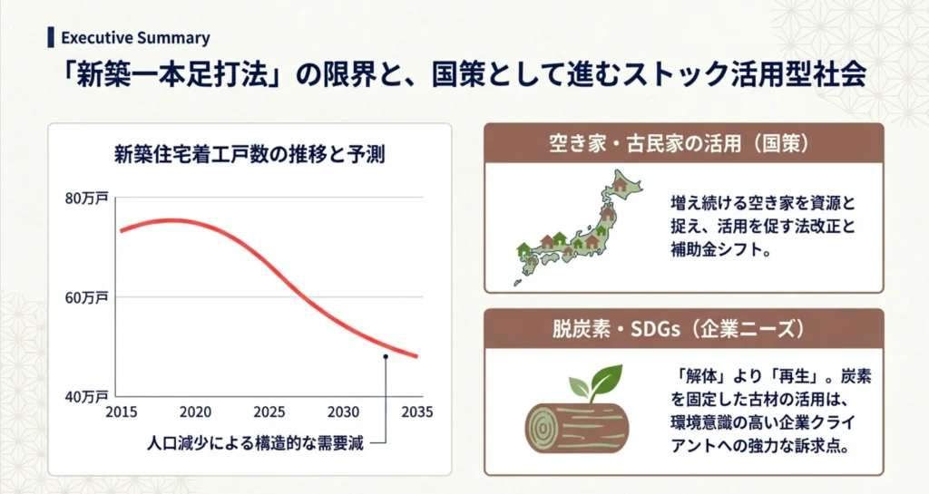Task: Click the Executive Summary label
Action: [x=135, y=38]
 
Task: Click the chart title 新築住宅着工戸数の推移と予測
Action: [x=249, y=154]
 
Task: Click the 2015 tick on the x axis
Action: [x=121, y=412]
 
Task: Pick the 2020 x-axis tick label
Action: [x=195, y=412]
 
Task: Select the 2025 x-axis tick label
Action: [x=269, y=412]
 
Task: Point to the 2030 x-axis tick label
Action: [x=344, y=412]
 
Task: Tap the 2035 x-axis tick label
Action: [x=417, y=412]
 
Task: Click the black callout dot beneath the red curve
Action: [x=386, y=356]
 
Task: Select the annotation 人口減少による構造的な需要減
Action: [x=255, y=444]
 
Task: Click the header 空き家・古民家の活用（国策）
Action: [x=683, y=143]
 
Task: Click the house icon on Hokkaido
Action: [x=620, y=184]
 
